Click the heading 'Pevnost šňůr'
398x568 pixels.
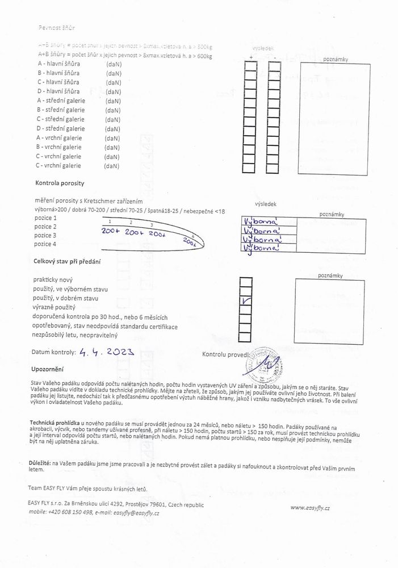[x=56, y=27]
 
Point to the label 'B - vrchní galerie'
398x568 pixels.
[x=59, y=147]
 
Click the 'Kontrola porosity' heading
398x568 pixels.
[x=60, y=183]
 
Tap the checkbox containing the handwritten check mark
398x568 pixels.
[x=246, y=301]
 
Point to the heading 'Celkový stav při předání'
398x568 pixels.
[x=68, y=260]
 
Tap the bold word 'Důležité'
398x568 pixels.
[x=39, y=464]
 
